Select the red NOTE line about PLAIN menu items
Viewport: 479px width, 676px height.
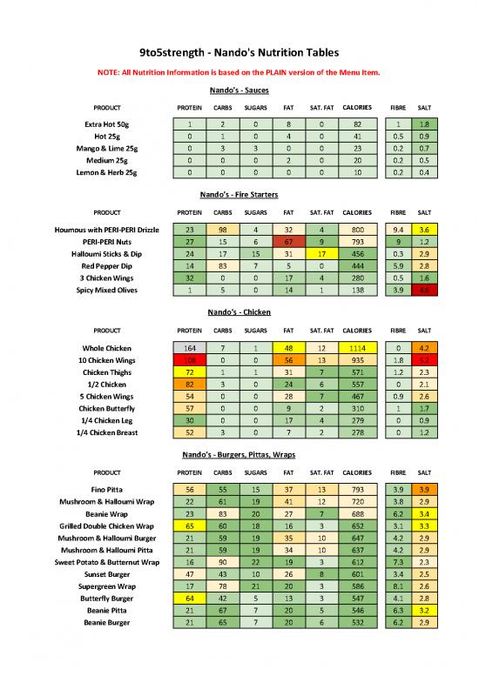[239, 72]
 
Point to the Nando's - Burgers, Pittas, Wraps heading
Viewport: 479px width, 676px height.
[239, 454]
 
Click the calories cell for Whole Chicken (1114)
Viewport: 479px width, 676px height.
[358, 347]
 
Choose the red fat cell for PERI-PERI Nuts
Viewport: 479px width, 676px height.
[287, 241]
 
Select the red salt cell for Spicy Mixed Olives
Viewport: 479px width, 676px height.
[424, 290]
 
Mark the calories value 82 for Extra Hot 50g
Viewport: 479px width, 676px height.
[358, 124]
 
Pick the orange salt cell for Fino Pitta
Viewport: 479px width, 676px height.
[424, 490]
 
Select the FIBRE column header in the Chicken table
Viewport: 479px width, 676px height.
[396, 330]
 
